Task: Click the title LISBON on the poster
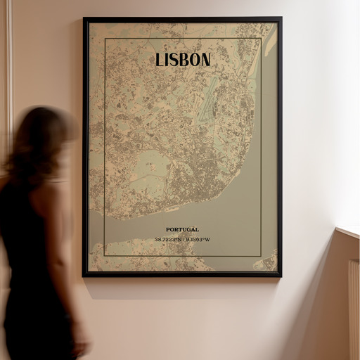click(x=182, y=60)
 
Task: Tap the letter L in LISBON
click(x=160, y=60)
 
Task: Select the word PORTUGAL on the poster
click(x=182, y=229)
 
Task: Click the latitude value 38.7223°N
click(x=168, y=239)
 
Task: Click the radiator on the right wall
click(x=354, y=309)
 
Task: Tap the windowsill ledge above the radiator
click(x=348, y=231)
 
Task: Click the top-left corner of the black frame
click(x=84, y=19)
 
